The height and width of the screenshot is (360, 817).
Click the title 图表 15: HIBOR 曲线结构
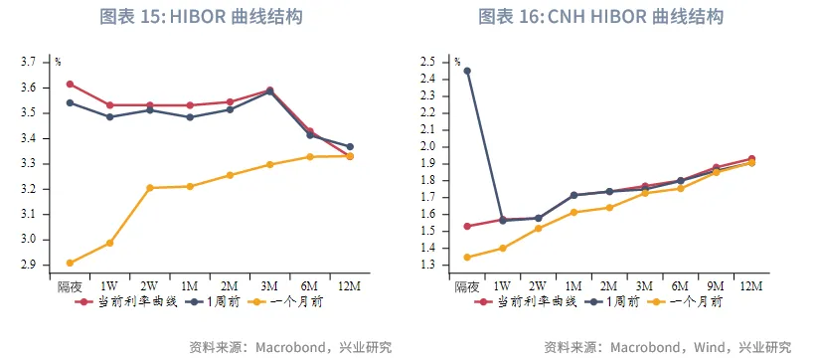click(202, 17)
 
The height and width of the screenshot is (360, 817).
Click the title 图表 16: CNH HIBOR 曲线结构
click(600, 17)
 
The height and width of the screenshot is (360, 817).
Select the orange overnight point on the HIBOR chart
click(70, 264)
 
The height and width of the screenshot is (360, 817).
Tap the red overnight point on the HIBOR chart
click(70, 84)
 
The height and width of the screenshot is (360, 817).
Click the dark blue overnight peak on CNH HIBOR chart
click(467, 71)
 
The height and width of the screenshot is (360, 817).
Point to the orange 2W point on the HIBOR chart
click(149, 188)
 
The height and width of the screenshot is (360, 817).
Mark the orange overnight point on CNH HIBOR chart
click(467, 258)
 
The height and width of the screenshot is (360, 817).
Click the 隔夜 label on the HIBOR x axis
click(70, 286)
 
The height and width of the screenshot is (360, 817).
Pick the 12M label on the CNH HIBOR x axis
click(750, 286)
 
